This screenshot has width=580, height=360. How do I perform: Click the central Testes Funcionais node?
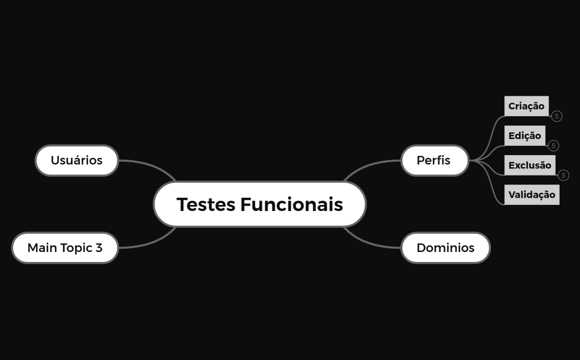point(260,204)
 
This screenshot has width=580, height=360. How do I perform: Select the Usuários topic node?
point(77,161)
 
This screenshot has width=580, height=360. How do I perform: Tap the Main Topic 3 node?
point(65,248)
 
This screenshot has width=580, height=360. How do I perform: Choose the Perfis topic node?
point(434,161)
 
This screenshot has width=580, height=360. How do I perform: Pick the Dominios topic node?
point(446,248)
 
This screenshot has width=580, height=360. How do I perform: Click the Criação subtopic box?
point(526,106)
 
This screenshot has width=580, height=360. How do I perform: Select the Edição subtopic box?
point(525,136)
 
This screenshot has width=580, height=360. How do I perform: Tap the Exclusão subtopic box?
point(530,165)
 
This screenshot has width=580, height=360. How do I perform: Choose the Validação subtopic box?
point(531,194)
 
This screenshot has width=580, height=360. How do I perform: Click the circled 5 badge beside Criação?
point(557,116)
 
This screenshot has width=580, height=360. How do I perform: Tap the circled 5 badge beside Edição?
point(553,146)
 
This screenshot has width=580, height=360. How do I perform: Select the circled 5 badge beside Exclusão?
point(563,176)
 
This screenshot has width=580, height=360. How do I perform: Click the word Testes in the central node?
point(206,204)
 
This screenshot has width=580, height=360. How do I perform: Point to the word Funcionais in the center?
point(292,204)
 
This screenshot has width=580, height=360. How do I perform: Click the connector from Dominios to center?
point(368,241)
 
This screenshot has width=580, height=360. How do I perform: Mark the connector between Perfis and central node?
point(368,166)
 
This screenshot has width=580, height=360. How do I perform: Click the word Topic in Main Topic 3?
point(76,248)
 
